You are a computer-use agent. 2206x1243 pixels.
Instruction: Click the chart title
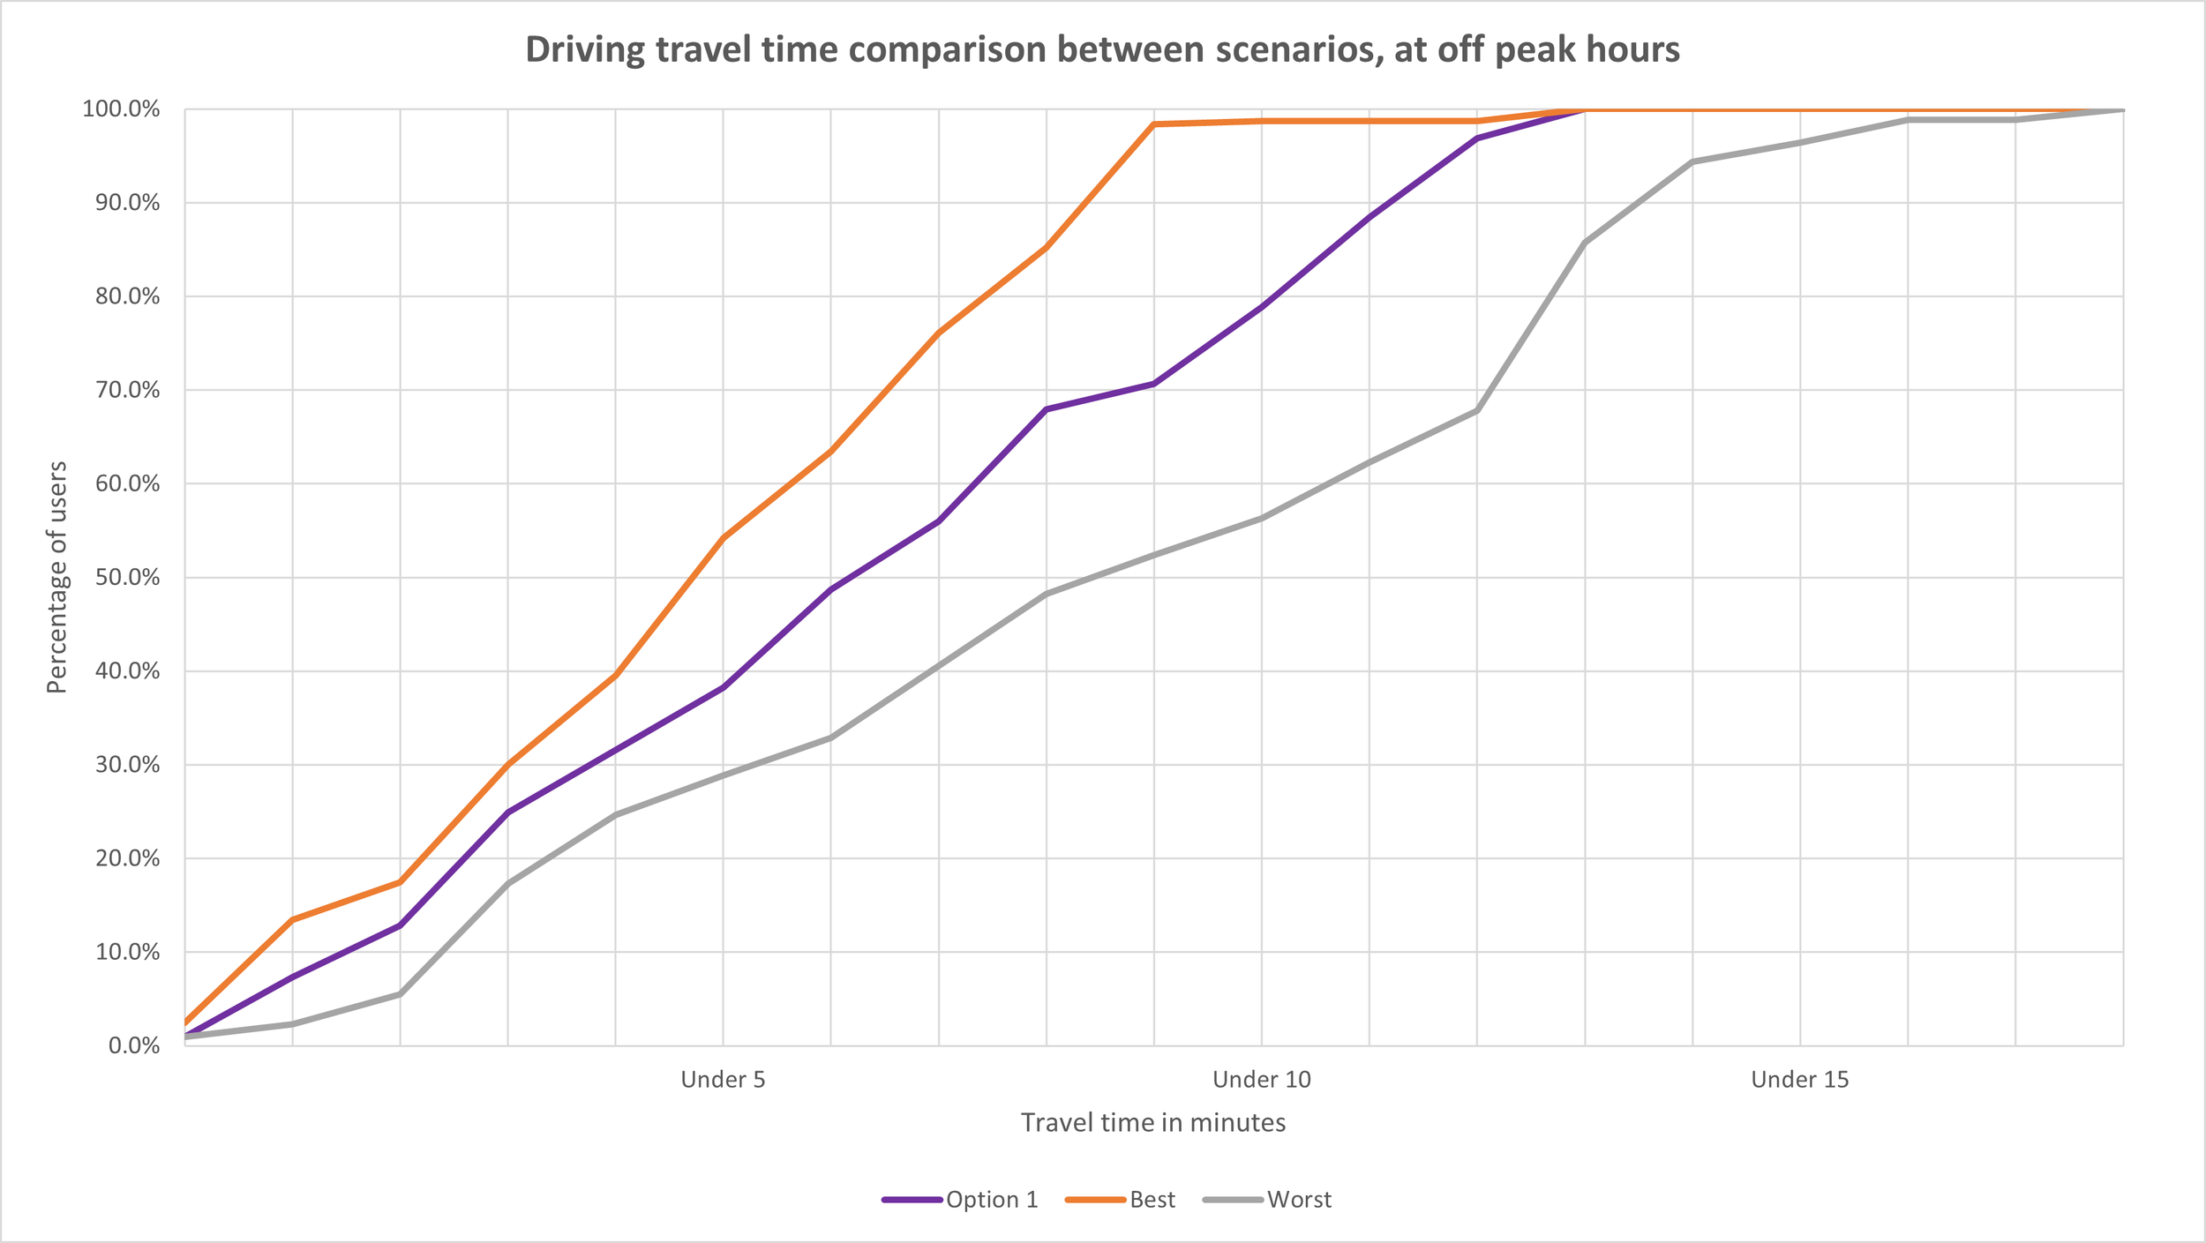[1102, 49]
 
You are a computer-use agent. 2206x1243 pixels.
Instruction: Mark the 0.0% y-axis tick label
[133, 1046]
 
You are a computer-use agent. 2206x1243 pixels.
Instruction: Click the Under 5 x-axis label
[723, 1080]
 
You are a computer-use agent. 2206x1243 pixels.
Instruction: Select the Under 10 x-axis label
[1261, 1080]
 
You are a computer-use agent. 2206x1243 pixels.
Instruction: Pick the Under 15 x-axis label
[1799, 1080]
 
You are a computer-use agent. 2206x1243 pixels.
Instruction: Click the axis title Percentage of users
[56, 578]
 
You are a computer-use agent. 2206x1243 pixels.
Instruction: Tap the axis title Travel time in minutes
[1152, 1123]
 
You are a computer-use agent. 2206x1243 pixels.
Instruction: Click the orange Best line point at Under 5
[723, 537]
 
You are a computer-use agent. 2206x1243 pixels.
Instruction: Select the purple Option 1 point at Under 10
[1261, 307]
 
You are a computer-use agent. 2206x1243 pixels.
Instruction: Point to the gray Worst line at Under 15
[1799, 142]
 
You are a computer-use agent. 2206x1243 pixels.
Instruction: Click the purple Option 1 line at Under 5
[723, 687]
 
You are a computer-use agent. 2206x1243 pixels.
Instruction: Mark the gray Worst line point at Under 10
[1261, 519]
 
